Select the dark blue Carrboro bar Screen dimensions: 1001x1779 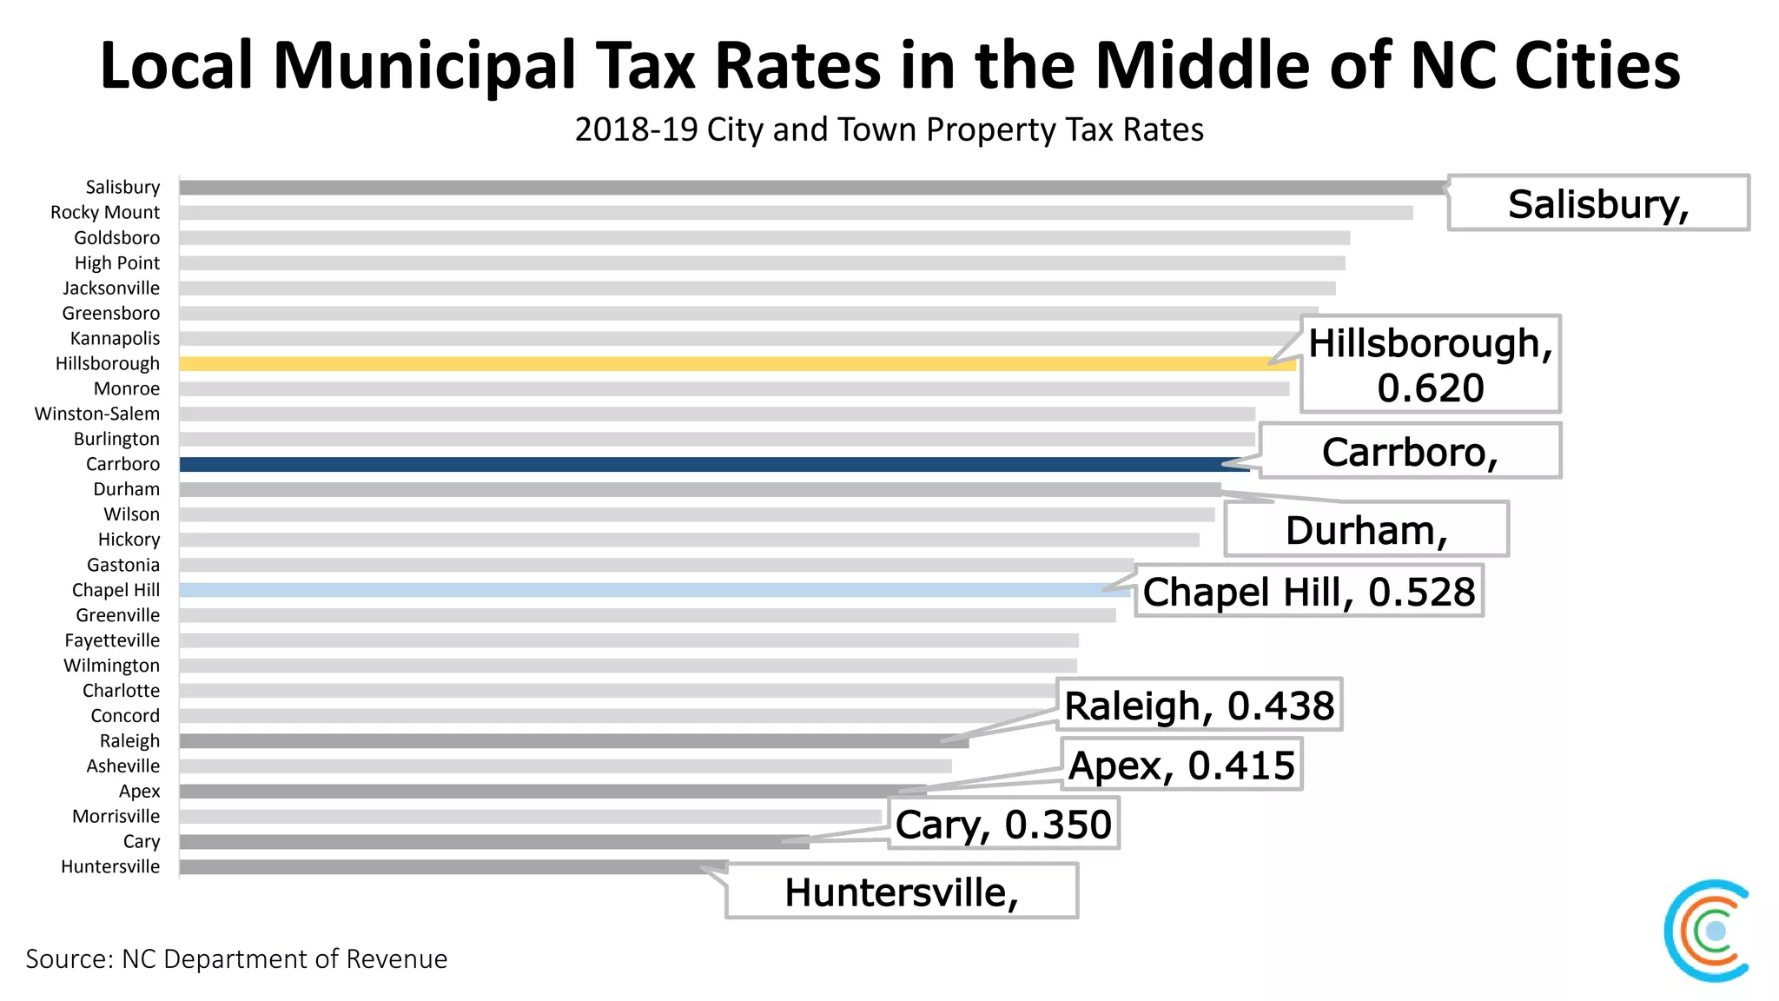click(x=712, y=464)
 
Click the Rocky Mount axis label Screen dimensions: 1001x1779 click(x=105, y=212)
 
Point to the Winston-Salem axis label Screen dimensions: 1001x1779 click(x=97, y=414)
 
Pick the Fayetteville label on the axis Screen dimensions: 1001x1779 click(x=112, y=640)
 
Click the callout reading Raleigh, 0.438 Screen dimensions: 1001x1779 click(x=1199, y=705)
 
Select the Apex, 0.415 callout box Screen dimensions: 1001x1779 click(x=1181, y=766)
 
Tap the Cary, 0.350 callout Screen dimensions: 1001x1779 click(x=1003, y=825)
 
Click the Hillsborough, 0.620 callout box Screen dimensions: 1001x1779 click(x=1430, y=364)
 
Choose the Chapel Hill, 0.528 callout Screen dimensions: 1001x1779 click(x=1308, y=592)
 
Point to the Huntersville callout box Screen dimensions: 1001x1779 click(x=902, y=892)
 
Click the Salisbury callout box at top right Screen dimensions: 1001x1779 click(x=1598, y=203)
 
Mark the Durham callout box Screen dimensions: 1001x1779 click(x=1366, y=530)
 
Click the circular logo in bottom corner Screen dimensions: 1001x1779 click(x=1709, y=931)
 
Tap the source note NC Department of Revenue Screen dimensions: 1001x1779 click(x=236, y=958)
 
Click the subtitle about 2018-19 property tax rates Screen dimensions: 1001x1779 click(x=889, y=129)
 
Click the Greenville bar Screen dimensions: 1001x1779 click(x=647, y=615)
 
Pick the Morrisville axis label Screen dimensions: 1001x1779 click(x=116, y=816)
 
